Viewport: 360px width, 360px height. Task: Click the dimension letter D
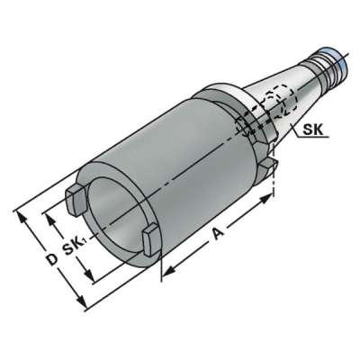point(51,259)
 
